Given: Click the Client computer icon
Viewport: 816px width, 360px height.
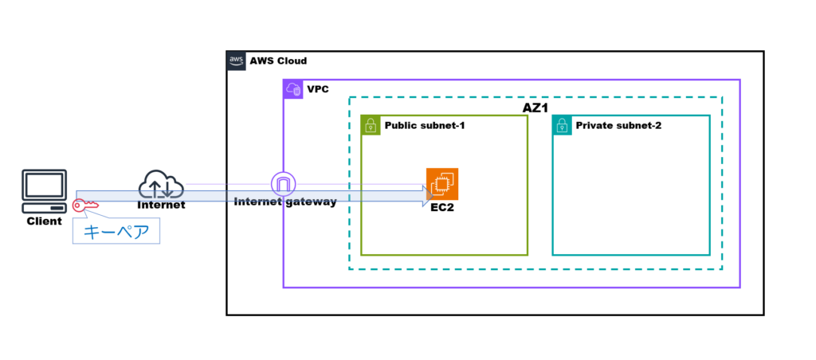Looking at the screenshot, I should (44, 190).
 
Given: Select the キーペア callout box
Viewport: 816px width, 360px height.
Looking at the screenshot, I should (116, 231).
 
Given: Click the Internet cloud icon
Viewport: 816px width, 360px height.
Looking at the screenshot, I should (161, 185).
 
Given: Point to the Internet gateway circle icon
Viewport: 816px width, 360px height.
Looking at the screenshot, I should (283, 184).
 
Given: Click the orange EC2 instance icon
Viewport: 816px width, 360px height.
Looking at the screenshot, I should (442, 185).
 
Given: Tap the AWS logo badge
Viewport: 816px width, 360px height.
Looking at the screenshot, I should (236, 61).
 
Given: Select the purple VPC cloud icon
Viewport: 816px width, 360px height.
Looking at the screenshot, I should (293, 89).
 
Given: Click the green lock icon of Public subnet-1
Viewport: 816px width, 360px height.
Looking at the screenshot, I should (371, 125).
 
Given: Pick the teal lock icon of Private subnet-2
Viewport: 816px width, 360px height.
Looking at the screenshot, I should (562, 125).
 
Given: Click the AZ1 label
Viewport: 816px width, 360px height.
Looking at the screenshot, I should (535, 108).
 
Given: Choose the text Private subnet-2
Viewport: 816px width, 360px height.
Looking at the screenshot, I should (618, 126).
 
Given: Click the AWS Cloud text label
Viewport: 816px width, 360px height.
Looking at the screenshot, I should (278, 61).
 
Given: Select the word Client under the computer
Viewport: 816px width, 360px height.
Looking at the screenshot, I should (44, 221).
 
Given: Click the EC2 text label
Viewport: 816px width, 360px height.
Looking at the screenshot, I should (442, 209).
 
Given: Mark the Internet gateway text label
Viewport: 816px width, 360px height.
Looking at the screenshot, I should (285, 202).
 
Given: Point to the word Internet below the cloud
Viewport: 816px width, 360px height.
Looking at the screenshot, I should (161, 205).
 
